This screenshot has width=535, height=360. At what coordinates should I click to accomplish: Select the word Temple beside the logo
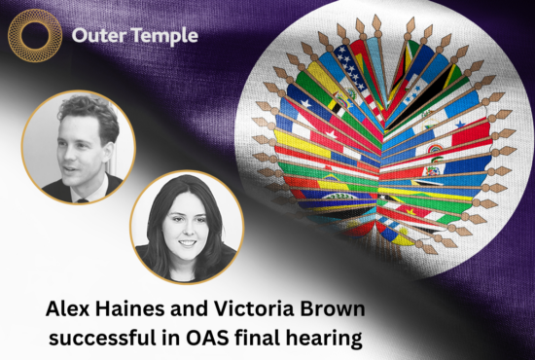[x=164, y=37]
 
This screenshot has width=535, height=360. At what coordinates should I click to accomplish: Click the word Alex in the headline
[x=72, y=309]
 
